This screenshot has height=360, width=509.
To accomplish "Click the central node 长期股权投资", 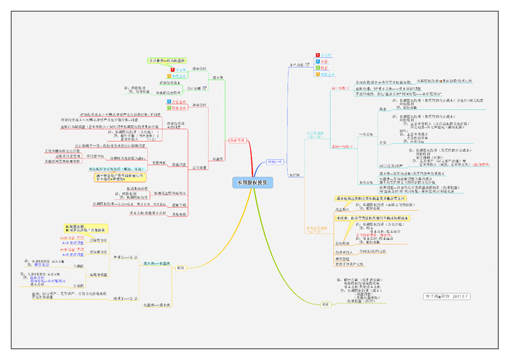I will [254, 183].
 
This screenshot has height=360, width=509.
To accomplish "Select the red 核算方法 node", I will [237, 140].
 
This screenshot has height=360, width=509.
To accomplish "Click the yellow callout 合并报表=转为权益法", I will [167, 60].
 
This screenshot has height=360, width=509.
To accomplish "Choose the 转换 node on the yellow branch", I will [180, 268].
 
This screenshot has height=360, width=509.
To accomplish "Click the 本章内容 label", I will [296, 64].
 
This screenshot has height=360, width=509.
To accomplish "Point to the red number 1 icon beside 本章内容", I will [317, 55].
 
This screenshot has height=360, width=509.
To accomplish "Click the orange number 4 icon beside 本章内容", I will [317, 73].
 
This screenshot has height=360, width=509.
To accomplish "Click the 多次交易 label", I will [368, 182].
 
